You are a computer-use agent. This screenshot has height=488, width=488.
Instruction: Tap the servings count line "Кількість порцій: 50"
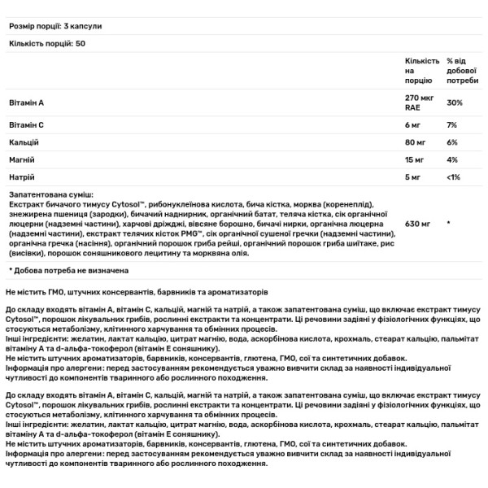point(45,41)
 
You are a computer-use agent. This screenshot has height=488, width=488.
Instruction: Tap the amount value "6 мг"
point(412,124)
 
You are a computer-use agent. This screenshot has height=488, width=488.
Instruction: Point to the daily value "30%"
point(455,103)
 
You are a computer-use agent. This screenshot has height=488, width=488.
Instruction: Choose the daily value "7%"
point(452,124)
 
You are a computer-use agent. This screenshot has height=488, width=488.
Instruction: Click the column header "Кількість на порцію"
point(422,71)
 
